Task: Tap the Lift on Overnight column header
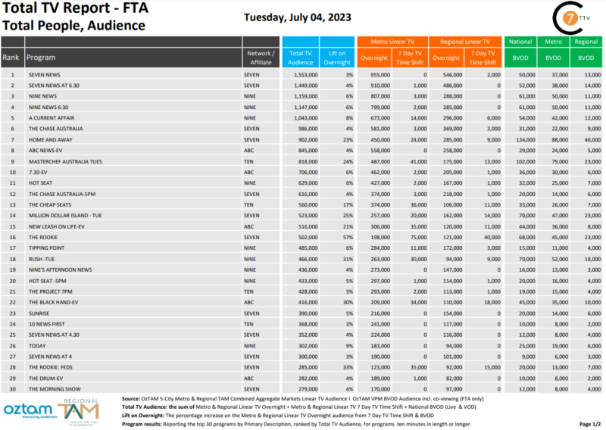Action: tap(337, 57)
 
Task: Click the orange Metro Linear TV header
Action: tap(392, 42)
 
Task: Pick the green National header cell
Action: tap(520, 42)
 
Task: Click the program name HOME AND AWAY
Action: tap(47, 139)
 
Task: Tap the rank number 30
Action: tap(12, 390)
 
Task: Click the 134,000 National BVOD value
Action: tap(523, 139)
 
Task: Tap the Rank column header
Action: tap(11, 58)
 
